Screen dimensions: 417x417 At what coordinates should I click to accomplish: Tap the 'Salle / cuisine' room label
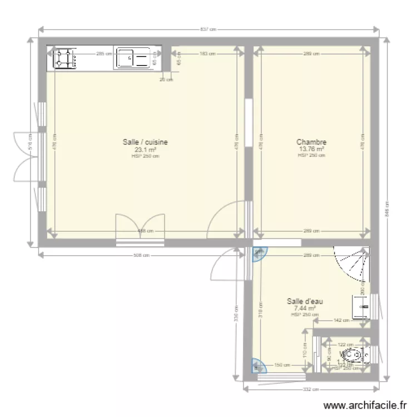pos(145,142)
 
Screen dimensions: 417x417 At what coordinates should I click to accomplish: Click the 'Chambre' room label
pos(311,142)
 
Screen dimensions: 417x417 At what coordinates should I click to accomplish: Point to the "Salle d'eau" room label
pos(305,301)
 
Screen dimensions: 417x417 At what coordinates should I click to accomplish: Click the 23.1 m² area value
pos(145,150)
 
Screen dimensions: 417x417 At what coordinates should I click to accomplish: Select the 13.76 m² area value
pos(311,149)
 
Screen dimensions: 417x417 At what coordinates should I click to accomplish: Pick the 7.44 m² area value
pos(305,308)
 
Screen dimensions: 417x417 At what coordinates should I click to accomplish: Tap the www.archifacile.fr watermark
pos(364,406)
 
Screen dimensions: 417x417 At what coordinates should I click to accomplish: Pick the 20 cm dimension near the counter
pos(166,80)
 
